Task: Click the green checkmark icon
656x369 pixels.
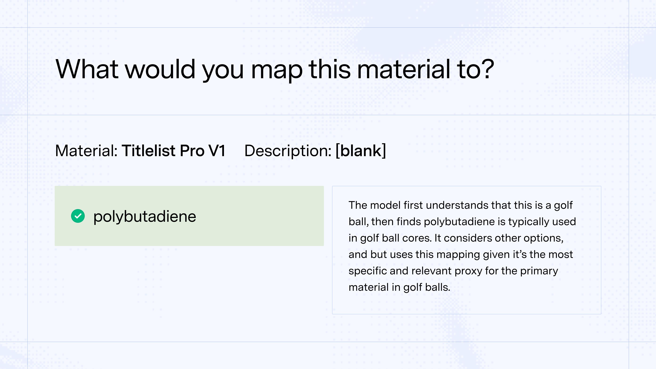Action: (78, 216)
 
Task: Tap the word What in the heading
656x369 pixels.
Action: (87, 69)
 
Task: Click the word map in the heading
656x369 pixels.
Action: (277, 71)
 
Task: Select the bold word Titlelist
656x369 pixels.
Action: (148, 151)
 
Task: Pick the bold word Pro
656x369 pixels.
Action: (192, 151)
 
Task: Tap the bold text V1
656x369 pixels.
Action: (217, 151)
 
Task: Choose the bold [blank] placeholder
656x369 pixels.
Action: (361, 151)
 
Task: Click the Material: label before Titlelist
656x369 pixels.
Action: (86, 151)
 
